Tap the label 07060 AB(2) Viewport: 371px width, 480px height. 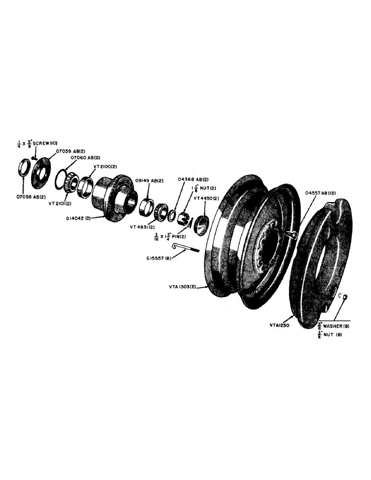point(85,157)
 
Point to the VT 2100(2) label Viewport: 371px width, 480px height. point(104,166)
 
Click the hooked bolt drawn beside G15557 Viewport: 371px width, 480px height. point(187,248)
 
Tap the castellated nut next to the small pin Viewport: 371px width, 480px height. point(183,218)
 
